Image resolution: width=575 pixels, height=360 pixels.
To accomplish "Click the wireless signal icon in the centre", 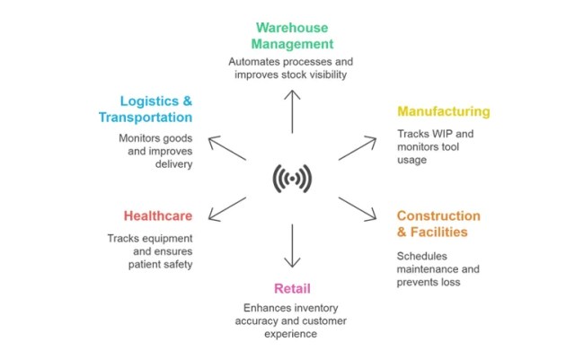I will pyautogui.click(x=291, y=180).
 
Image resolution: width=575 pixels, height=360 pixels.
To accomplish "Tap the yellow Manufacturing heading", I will pyautogui.click(x=444, y=112).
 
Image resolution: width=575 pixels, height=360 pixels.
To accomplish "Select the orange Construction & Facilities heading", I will pyautogui.click(x=438, y=224).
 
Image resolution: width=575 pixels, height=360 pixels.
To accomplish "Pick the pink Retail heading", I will pyautogui.click(x=292, y=289).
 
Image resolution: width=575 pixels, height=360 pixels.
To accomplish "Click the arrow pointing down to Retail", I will pyautogui.click(x=291, y=246).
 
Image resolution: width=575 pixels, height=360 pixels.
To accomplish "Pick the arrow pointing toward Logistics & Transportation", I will pyautogui.click(x=226, y=147).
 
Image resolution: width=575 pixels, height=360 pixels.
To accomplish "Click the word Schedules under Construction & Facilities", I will pyautogui.click(x=423, y=255).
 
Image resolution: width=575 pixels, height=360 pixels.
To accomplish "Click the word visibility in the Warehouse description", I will pyautogui.click(x=323, y=75).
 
